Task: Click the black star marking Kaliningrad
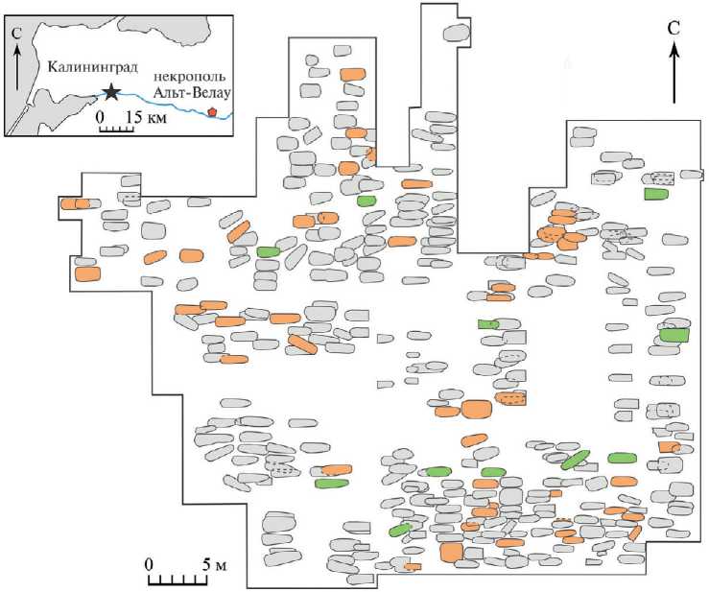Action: tap(112, 91)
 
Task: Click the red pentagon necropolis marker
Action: tap(212, 113)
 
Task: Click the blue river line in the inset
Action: tap(163, 98)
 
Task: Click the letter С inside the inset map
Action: tap(16, 32)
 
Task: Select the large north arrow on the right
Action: tap(674, 72)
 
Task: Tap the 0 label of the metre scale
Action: tap(149, 563)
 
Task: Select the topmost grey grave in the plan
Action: tap(457, 33)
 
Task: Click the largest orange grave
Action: tap(478, 410)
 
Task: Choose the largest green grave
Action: tap(675, 335)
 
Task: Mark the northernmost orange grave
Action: tap(357, 73)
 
